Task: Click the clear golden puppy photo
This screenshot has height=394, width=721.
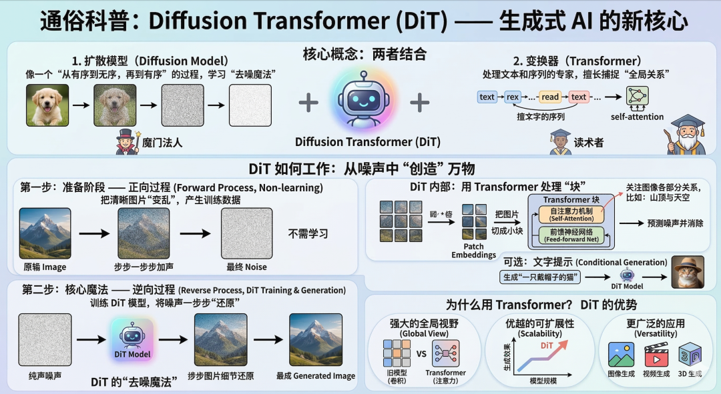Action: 47,105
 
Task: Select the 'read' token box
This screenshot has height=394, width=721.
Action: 550,97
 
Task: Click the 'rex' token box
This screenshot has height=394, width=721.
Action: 513,97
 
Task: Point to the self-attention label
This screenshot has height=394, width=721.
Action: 637,117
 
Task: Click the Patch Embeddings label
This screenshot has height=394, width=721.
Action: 473,250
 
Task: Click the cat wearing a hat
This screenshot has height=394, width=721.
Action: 688,271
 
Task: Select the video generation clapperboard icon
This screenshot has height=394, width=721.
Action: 656,355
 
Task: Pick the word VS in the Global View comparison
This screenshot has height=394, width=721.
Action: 421,354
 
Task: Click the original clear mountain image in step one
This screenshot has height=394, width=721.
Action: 45,233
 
